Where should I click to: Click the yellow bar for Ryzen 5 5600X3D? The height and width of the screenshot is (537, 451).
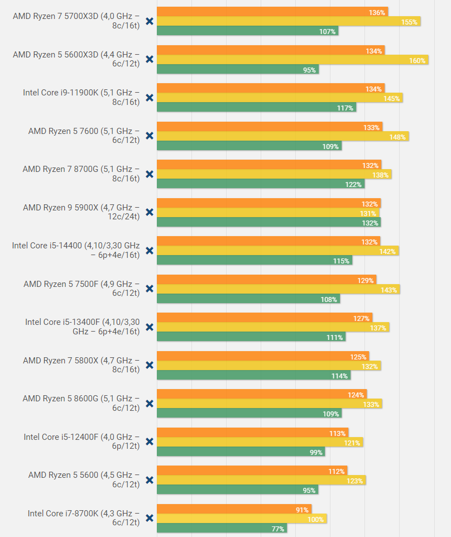pyautogui.click(x=292, y=60)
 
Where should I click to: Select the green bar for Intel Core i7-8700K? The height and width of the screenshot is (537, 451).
pyautogui.click(x=222, y=528)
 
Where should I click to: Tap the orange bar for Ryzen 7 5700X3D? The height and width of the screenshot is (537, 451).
pyautogui.click(x=272, y=12)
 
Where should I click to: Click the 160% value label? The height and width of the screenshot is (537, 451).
pyautogui.click(x=418, y=61)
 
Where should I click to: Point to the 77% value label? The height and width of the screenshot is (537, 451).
pyautogui.click(x=278, y=529)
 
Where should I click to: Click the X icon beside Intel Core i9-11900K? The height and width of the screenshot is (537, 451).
pyautogui.click(x=149, y=98)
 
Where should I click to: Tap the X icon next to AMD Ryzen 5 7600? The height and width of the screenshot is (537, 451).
pyautogui.click(x=149, y=136)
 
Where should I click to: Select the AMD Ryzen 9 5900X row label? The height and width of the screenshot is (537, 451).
pyautogui.click(x=81, y=212)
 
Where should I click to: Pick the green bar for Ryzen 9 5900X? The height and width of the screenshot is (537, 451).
pyautogui.click(x=268, y=223)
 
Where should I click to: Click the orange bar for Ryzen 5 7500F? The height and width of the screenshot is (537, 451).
pyautogui.click(x=266, y=280)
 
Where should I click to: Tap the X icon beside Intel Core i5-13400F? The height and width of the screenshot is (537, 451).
pyautogui.click(x=149, y=327)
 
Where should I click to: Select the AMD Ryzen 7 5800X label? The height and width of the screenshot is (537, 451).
pyautogui.click(x=81, y=365)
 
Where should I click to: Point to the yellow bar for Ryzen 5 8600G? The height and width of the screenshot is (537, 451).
pyautogui.click(x=269, y=404)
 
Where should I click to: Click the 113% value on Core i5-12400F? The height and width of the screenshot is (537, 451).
pyautogui.click(x=338, y=433)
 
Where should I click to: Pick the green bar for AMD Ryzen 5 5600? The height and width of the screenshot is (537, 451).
pyautogui.click(x=237, y=490)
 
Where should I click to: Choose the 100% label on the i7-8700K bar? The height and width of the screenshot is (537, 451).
pyautogui.click(x=315, y=519)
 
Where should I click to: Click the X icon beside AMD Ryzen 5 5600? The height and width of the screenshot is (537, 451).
pyautogui.click(x=149, y=480)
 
